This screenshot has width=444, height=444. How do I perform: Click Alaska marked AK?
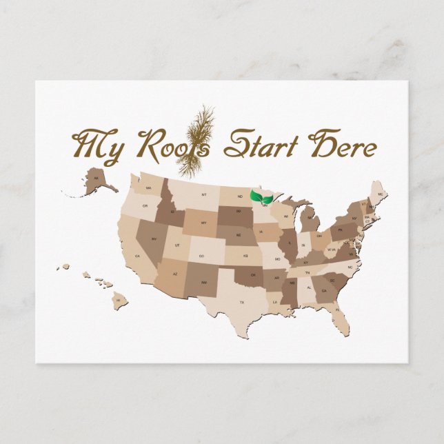tap(97, 179)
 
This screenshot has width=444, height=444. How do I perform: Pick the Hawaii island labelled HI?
tap(118, 300)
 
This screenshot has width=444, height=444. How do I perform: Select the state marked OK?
tap(253, 275)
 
